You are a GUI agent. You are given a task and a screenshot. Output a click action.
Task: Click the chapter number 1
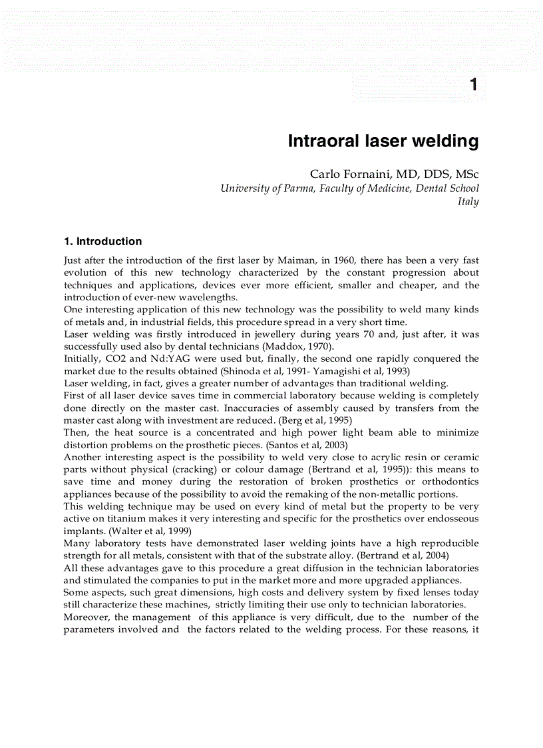[x=473, y=85]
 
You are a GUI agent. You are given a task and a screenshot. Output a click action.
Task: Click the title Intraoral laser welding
[x=383, y=141]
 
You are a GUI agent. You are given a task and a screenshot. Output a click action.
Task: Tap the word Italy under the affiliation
[x=468, y=201]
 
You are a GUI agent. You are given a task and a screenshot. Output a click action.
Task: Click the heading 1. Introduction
[x=102, y=241]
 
